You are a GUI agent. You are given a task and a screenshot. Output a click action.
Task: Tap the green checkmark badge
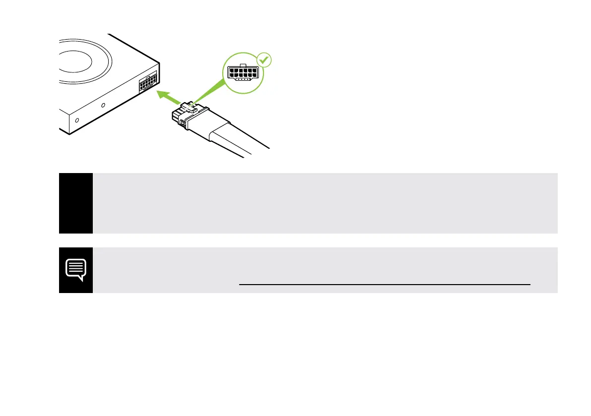[265, 61]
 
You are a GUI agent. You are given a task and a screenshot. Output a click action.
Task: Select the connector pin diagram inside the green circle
[242, 73]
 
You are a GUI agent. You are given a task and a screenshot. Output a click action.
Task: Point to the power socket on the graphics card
[148, 83]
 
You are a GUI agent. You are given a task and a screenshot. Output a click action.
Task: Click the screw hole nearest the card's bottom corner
[76, 120]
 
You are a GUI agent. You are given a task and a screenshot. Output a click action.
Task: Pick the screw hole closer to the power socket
[103, 105]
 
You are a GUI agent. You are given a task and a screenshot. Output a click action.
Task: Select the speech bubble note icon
[76, 270]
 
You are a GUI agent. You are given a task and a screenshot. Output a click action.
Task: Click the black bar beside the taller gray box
[76, 203]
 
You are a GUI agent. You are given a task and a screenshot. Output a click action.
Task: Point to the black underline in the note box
[385, 285]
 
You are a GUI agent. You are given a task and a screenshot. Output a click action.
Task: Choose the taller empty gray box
[325, 203]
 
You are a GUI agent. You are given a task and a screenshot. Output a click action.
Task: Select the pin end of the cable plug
[175, 117]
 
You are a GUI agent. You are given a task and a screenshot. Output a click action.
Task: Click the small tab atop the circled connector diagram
[242, 64]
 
